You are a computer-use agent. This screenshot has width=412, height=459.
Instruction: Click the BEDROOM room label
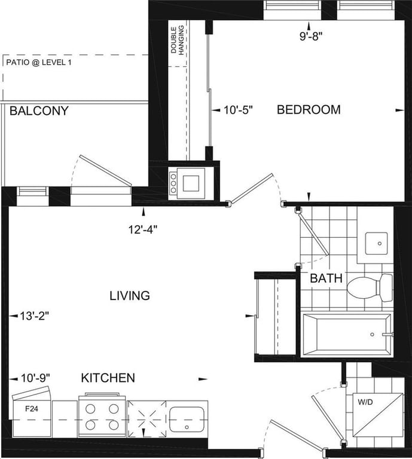(x=309, y=109)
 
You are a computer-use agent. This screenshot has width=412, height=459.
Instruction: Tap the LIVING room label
(x=130, y=296)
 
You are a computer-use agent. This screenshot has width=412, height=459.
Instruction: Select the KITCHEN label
(x=108, y=378)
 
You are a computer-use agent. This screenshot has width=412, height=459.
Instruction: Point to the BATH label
(x=326, y=278)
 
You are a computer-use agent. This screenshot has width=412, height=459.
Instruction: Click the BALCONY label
(x=39, y=111)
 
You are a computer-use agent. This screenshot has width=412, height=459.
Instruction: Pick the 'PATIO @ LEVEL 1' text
(x=39, y=62)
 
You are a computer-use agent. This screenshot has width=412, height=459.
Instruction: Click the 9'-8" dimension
(x=311, y=36)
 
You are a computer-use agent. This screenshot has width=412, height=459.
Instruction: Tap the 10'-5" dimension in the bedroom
(x=238, y=110)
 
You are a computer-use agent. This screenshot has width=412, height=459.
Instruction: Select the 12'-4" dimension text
(x=143, y=229)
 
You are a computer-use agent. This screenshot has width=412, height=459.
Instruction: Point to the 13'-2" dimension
(x=34, y=316)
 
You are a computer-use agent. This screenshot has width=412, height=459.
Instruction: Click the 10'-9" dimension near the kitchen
(x=35, y=378)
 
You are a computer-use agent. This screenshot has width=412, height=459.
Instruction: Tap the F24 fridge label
(x=32, y=409)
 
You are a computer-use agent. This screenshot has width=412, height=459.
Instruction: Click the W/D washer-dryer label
(x=365, y=402)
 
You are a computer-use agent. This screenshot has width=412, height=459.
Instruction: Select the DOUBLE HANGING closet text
(x=178, y=40)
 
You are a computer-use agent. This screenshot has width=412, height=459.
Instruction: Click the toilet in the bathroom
(x=370, y=287)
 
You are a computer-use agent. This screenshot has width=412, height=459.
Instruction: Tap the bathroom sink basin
(x=376, y=244)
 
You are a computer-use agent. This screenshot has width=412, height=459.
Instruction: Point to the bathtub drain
(x=372, y=334)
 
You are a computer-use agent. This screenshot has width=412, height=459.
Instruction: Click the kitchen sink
(x=187, y=419)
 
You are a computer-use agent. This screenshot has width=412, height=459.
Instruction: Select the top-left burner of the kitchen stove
(x=90, y=409)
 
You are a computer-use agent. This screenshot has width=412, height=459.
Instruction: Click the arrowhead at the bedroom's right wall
(x=399, y=111)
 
